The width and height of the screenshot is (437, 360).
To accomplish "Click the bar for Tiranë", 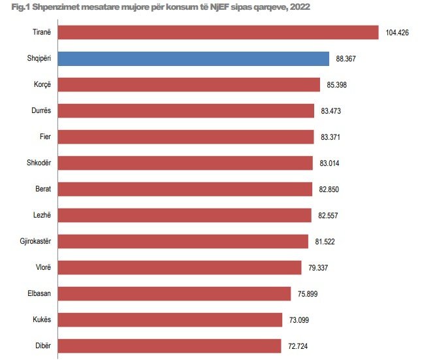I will pos(218,33).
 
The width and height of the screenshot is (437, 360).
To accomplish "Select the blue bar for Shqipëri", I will pos(193,59).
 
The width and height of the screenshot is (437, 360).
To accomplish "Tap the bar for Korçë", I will pos(189,85).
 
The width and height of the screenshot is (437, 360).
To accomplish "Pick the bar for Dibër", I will pos(169,346).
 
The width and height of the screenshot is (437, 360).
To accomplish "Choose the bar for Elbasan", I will pos(174,293).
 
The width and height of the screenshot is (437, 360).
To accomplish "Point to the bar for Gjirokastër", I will pos(183,241).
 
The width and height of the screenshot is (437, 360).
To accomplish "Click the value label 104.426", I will pos(397,33).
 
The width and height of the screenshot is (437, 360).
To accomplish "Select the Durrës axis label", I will pos(41,111).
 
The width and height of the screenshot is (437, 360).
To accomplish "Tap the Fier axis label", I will pos(45,137).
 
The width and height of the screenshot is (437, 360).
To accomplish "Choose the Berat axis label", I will pos(42,189).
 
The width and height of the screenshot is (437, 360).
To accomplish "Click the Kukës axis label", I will pos(42,319).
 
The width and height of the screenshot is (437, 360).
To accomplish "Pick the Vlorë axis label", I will pos(42,267).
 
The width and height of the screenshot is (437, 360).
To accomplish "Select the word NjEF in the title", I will pos(211,7).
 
